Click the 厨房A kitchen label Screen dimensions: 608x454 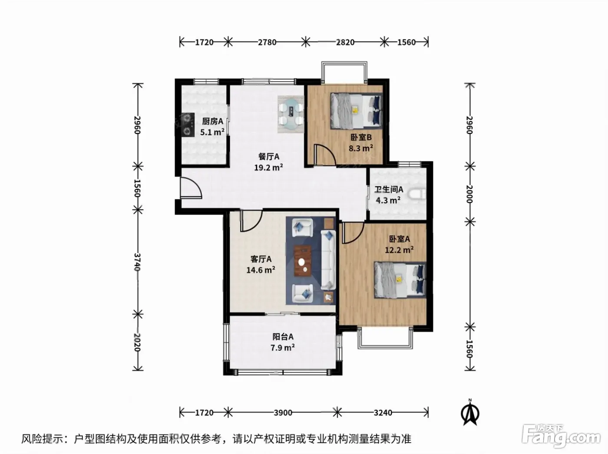(x=212, y=121)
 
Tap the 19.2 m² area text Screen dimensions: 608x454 (x=268, y=168)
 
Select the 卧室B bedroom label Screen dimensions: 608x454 (x=361, y=137)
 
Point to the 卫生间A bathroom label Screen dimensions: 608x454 (x=389, y=190)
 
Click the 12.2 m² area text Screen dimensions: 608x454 (x=399, y=250)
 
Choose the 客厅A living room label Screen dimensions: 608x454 (x=261, y=259)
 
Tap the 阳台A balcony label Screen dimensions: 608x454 (x=283, y=337)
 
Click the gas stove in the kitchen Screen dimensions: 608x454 (x=187, y=125)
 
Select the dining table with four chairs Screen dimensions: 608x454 (x=291, y=114)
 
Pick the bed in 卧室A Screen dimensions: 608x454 (x=400, y=280)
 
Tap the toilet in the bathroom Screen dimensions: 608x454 (x=417, y=194)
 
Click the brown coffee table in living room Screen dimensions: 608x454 (x=302, y=261)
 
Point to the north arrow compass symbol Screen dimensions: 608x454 (x=470, y=412)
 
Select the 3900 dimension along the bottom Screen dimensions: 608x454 (x=283, y=413)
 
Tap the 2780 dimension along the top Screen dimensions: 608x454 (x=267, y=43)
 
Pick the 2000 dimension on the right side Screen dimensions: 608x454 (x=469, y=194)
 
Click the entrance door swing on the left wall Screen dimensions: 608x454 (x=191, y=188)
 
